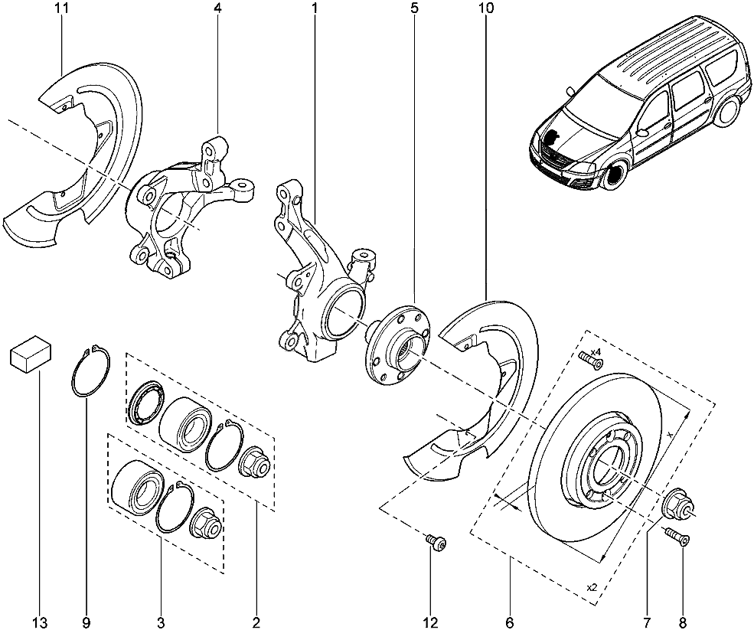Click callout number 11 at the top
pyautogui.click(x=63, y=8)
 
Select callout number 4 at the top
pyautogui.click(x=218, y=8)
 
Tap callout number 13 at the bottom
pyautogui.click(x=39, y=620)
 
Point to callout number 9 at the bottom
pyautogui.click(x=86, y=620)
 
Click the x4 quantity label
pyautogui.click(x=596, y=352)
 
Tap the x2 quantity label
pyautogui.click(x=591, y=587)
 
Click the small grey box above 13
pyautogui.click(x=30, y=354)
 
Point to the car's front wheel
pyautogui.click(x=612, y=177)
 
